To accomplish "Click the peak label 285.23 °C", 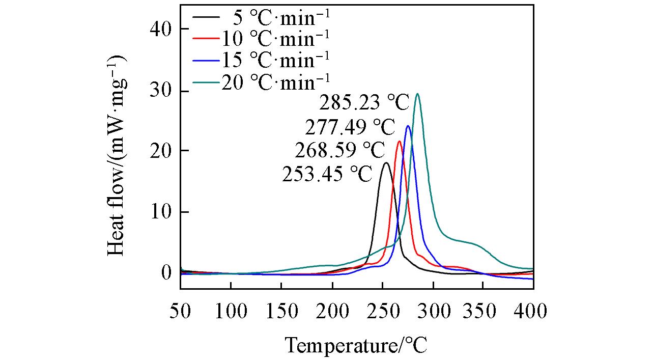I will [364, 103].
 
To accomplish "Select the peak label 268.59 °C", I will [339, 151].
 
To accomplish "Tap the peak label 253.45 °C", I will [327, 174].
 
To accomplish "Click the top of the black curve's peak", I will [386, 163].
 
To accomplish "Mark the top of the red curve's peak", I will [399, 142].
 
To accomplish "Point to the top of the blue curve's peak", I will [408, 126].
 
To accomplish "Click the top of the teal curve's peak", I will [417, 94].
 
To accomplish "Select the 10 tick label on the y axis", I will [162, 212].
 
